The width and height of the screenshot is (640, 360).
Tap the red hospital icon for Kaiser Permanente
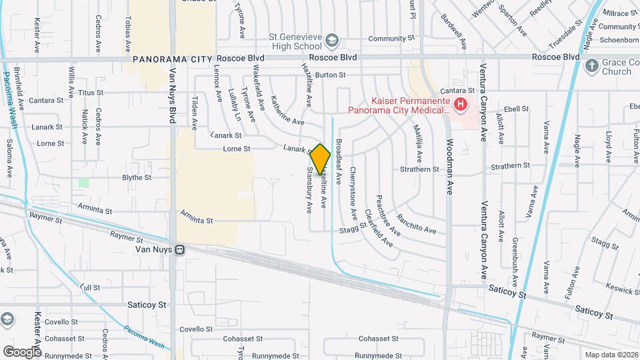[459, 104]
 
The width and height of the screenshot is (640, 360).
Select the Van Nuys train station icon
[179, 250]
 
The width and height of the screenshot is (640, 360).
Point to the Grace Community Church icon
[591, 65]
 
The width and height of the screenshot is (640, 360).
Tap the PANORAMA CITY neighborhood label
[175, 59]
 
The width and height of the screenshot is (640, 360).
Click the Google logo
[22, 351]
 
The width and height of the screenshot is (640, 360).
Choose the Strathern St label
[419, 169]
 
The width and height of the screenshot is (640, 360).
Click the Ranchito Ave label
[417, 223]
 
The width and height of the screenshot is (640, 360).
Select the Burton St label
[331, 75]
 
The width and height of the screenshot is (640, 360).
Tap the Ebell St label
[516, 108]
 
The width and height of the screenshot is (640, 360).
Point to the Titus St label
[91, 93]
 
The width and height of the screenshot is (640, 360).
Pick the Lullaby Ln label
[234, 105]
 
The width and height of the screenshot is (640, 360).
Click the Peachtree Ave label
[386, 215]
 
